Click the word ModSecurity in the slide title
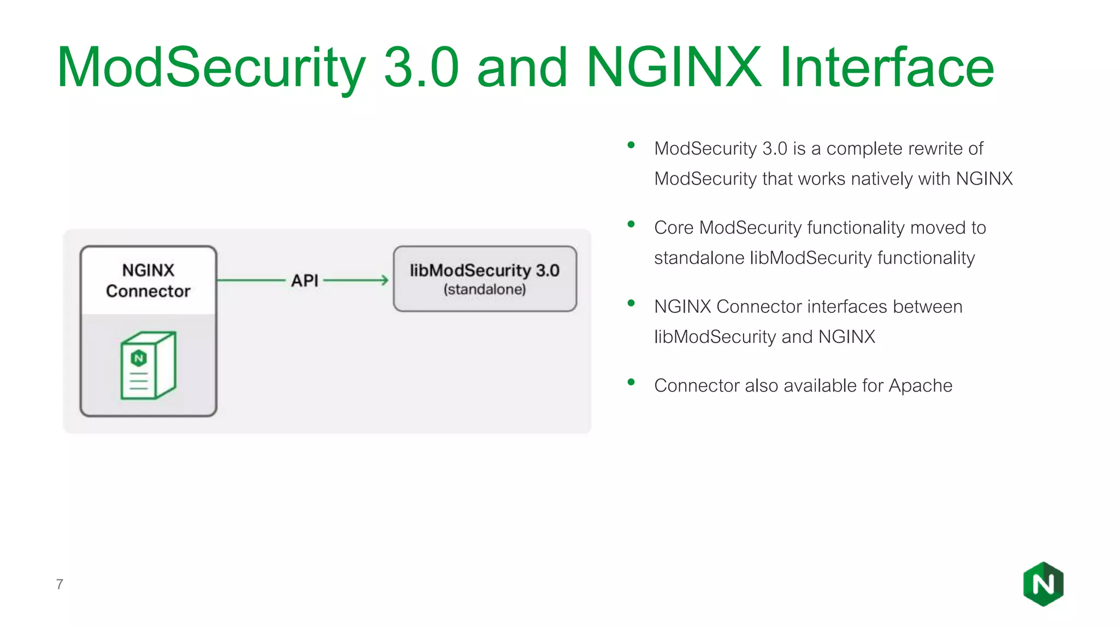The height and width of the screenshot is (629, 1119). coord(211,68)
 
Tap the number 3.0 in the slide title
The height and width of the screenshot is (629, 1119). coord(421,68)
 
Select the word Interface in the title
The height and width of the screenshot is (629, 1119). coord(886,68)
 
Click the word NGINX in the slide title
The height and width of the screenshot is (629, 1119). coord(673,68)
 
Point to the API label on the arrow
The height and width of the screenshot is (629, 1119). coord(304,281)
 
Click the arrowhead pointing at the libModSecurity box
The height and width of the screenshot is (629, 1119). coord(385,280)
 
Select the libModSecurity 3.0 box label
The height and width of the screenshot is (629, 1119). coord(485,270)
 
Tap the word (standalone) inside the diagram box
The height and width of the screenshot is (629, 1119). coord(485,289)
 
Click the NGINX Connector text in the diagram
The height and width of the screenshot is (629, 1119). coord(148,281)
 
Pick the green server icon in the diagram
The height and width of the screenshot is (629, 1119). coord(148,365)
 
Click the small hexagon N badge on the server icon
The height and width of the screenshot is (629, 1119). coord(139,358)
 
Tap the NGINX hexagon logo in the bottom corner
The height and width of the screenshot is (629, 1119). coord(1043,584)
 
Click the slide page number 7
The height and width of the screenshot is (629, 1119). coord(60,584)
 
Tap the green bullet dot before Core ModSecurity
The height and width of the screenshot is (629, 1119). coord(631,224)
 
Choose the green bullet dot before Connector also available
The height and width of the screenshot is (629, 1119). coord(631,382)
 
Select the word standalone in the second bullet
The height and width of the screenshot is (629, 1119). coord(699,258)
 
